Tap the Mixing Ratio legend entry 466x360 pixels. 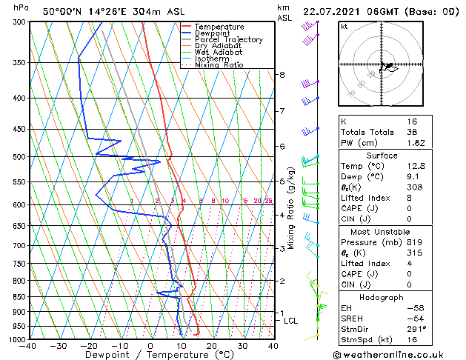[219, 65]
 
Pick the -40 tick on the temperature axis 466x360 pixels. [29, 346]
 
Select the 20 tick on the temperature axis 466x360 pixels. [212, 346]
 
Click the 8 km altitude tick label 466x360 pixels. [282, 75]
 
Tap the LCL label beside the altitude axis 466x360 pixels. [290, 321]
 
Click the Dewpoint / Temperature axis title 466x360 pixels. [150, 355]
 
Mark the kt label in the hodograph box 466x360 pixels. [344, 26]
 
